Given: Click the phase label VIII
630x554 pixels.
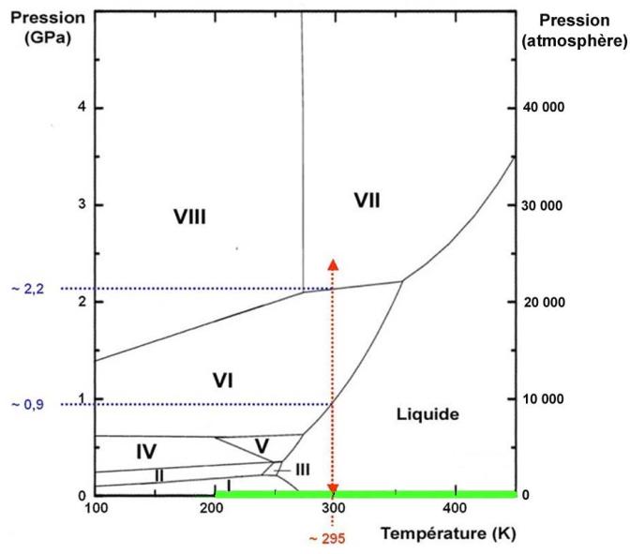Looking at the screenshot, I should (x=189, y=217).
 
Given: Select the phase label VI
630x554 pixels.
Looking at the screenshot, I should (x=222, y=380).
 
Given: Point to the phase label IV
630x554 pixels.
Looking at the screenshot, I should (x=145, y=452).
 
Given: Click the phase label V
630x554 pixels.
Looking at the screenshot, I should (x=262, y=443).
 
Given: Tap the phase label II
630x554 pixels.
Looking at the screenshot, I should (x=159, y=475).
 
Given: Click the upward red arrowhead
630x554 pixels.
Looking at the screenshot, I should (x=333, y=263).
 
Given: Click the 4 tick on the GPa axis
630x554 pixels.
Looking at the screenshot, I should (x=81, y=107).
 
